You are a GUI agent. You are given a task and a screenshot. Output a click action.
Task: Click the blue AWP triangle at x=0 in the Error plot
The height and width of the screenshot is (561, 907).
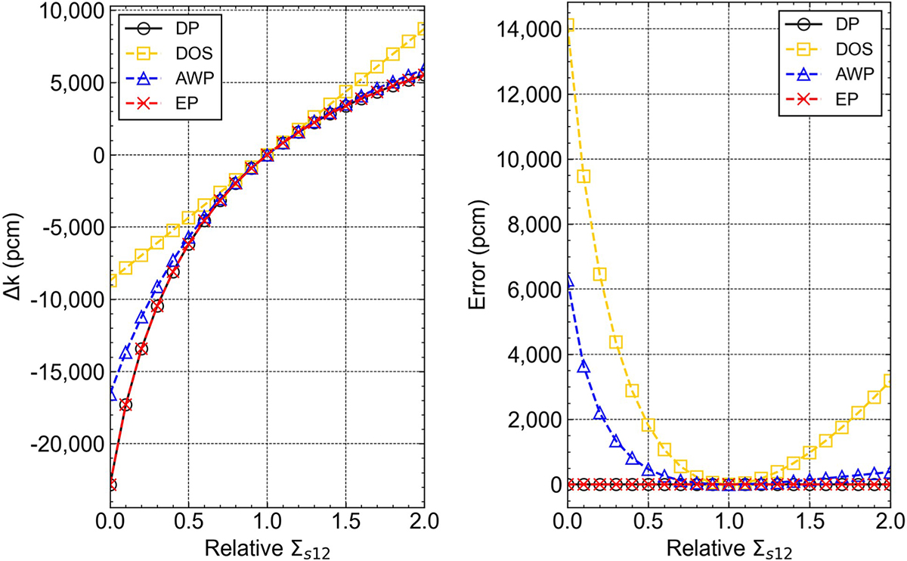566,281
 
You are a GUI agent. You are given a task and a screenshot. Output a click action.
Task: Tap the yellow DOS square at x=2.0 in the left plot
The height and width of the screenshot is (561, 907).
424,29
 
